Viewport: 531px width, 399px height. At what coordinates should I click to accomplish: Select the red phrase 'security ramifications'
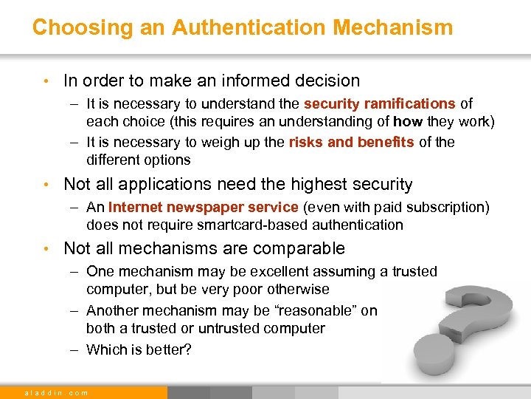(x=379, y=103)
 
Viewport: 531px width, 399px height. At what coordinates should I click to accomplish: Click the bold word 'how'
(x=407, y=121)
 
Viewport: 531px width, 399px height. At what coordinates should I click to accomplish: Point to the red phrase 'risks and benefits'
(x=351, y=142)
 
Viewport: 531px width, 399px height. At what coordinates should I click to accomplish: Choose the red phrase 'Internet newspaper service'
(x=203, y=207)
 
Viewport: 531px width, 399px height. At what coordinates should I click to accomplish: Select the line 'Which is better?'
(x=139, y=349)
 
